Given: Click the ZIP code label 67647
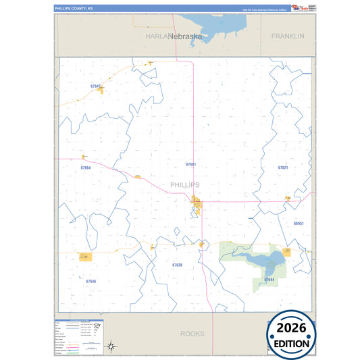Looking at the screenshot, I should point(95,87).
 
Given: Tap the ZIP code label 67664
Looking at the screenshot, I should point(85,167).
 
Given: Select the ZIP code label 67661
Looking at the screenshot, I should point(190,164).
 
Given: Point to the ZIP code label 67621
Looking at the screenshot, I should point(282,167).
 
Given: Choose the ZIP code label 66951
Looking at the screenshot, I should point(299,223).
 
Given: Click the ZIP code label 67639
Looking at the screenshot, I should point(177,265).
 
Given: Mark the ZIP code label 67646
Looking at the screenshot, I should point(91,281).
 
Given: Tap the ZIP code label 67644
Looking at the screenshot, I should point(269,279).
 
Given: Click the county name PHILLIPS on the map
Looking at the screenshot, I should point(184,184).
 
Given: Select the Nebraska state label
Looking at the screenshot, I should point(185,36).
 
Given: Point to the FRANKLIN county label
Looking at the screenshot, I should point(288,35).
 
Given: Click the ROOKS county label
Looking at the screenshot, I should point(192,334).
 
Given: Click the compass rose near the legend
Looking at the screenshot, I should point(112,346).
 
